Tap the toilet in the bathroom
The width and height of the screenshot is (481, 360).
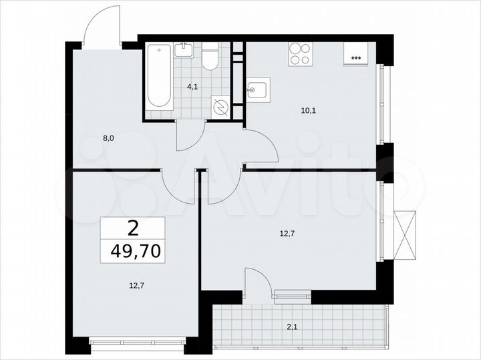210,57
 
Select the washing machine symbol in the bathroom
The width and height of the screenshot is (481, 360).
220,106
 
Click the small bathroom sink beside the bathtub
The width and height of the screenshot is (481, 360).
183,49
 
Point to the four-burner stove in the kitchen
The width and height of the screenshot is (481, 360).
300,54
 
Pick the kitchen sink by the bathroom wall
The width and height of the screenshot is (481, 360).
257,89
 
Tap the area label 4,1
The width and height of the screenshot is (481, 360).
192,86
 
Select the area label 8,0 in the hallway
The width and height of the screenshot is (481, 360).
108,139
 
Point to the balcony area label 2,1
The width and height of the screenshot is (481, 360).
291,327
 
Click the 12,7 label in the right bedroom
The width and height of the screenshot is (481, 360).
287,233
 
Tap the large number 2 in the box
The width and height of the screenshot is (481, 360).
133,229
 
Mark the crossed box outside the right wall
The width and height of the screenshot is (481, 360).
405,234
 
